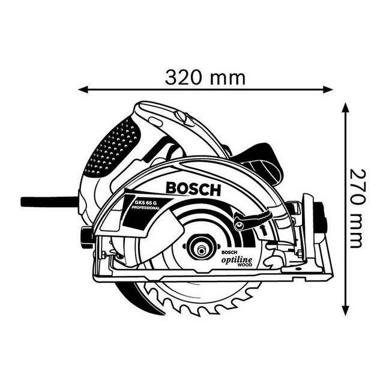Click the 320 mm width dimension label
205,77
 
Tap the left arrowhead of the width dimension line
83,90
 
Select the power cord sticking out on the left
48,201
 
